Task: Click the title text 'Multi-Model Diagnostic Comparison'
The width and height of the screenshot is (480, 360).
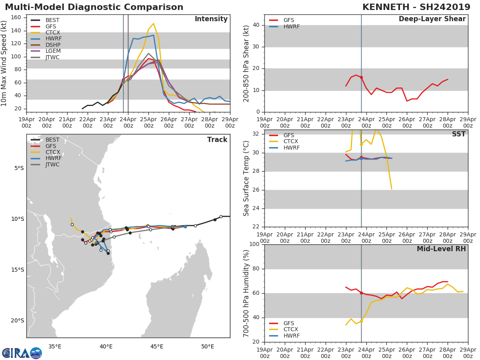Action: tap(94, 7)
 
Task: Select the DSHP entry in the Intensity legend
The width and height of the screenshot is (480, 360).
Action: tap(52, 45)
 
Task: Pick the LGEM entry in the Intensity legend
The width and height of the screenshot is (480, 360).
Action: tap(52, 51)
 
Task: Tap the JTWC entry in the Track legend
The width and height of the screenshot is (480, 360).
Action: tap(52, 164)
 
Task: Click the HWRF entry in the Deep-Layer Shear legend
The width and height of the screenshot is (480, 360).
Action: tap(291, 26)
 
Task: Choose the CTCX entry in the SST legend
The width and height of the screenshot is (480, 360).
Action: tap(291, 142)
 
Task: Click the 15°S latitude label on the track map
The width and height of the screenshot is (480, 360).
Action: tap(18, 270)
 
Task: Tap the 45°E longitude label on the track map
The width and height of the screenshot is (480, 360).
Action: tap(157, 346)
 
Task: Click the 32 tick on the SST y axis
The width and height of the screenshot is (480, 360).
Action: tap(256, 134)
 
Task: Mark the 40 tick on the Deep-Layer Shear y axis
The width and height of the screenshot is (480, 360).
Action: tap(256, 25)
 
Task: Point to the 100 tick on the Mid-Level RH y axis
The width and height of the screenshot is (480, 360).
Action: tap(254, 244)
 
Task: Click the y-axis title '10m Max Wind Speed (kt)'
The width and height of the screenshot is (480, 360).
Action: tap(4, 63)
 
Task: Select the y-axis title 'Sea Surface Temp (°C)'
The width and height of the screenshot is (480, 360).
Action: tap(246, 178)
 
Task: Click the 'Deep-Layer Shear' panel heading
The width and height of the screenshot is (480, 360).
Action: tap(432, 19)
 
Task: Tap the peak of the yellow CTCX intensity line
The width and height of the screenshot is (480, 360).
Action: tap(153, 24)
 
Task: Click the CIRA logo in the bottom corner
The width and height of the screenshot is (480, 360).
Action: tap(22, 353)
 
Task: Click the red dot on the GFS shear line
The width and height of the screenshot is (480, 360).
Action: tap(361, 77)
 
